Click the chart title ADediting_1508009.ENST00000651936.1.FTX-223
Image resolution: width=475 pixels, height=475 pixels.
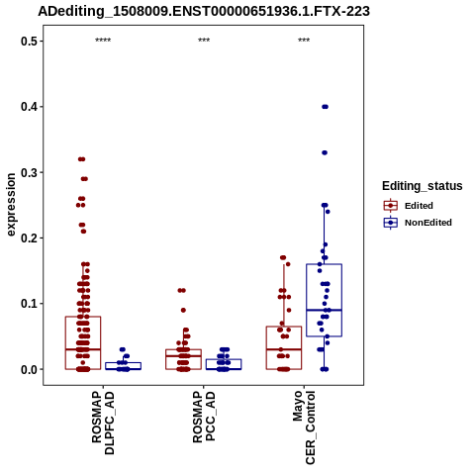[x=204, y=12]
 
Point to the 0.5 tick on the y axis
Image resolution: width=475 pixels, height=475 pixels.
[x=28, y=42]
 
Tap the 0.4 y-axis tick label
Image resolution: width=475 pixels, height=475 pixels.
[x=28, y=107]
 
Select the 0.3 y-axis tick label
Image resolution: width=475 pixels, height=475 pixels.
[x=28, y=172]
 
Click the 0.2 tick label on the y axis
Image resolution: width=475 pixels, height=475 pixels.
[x=28, y=238]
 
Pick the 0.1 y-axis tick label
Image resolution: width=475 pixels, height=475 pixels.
[x=28, y=304]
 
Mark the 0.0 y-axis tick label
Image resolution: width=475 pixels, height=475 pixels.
[x=28, y=369]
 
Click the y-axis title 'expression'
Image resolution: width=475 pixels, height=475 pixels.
[x=11, y=205]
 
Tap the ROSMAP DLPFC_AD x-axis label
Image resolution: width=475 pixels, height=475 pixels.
[x=103, y=423]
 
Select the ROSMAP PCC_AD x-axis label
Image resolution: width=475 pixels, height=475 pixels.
[x=204, y=417]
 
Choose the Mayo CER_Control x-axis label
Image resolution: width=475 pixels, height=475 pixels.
[x=304, y=427]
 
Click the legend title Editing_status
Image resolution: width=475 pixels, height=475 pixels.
[x=423, y=186]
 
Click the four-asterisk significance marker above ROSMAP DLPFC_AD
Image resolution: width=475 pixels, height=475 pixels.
[x=103, y=41]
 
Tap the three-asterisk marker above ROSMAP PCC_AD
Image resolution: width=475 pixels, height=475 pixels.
[x=204, y=41]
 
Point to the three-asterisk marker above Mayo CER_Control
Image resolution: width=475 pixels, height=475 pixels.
[x=304, y=41]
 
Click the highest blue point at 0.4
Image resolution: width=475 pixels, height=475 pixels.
[x=325, y=107]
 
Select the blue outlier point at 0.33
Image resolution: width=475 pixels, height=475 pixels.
[x=325, y=152]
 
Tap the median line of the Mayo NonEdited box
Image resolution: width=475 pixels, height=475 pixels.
[x=324, y=310]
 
